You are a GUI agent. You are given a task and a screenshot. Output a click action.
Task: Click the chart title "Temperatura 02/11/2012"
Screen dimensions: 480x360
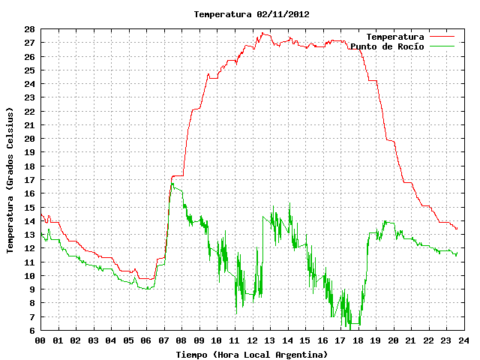click(x=252, y=14)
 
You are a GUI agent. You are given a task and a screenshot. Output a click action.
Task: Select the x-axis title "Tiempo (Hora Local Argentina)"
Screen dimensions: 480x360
click(x=252, y=355)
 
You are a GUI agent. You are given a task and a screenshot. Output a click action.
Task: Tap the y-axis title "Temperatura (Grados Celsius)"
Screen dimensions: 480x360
click(x=10, y=180)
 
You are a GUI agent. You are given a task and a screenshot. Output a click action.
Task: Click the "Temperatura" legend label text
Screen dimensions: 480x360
click(x=395, y=37)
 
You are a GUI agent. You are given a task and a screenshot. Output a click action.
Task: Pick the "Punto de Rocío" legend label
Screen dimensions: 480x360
click(x=387, y=46)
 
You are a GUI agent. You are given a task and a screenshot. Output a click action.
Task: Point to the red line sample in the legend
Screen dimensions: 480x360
click(x=442, y=37)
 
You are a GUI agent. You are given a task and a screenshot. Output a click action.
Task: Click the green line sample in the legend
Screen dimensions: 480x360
click(x=442, y=46)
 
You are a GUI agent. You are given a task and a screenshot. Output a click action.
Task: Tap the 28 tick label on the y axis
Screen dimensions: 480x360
click(x=30, y=29)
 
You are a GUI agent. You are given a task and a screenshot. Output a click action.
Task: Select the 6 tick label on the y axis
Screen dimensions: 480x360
click(x=32, y=330)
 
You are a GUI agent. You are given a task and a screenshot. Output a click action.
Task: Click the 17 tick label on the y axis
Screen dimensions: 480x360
click(x=30, y=180)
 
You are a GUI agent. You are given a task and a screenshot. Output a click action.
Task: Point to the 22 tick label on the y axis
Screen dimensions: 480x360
click(x=30, y=112)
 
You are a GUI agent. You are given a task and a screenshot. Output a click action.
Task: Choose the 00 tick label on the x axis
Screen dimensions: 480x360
click(x=40, y=340)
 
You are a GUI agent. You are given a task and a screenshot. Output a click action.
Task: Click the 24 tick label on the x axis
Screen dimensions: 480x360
click(x=463, y=340)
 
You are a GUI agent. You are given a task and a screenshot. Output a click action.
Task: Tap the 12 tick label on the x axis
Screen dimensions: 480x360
click(x=252, y=340)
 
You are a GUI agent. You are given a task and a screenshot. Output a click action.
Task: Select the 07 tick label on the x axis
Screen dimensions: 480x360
click(x=163, y=340)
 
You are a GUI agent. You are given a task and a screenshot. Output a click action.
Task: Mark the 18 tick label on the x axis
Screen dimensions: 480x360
click(x=358, y=340)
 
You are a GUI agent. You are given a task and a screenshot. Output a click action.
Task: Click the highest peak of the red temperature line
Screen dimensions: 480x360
click(x=262, y=33)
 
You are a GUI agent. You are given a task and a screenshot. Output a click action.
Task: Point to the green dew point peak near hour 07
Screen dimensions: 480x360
click(x=172, y=183)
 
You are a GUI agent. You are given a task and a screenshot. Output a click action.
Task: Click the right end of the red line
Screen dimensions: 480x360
click(x=457, y=228)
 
